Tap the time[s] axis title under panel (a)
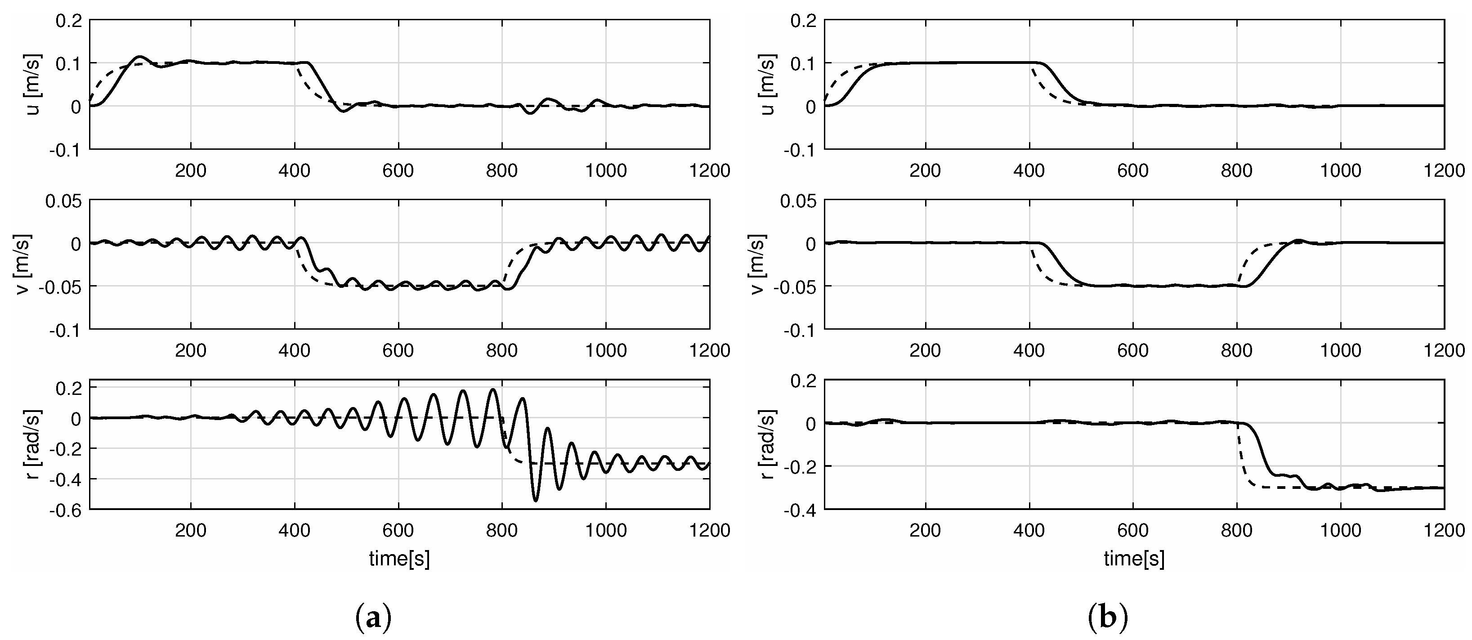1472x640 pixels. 399,558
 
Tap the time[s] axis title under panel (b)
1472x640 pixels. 1134,558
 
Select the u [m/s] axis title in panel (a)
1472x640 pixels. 33,85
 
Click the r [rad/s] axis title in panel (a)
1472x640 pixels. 33,444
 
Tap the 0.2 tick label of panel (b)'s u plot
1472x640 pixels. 804,21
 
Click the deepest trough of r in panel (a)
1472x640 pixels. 536,501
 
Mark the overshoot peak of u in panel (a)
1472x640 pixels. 139,57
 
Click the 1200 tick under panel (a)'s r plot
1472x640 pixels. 710,530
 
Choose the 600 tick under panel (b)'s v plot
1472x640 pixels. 1132,350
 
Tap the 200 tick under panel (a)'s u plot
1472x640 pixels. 191,170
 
